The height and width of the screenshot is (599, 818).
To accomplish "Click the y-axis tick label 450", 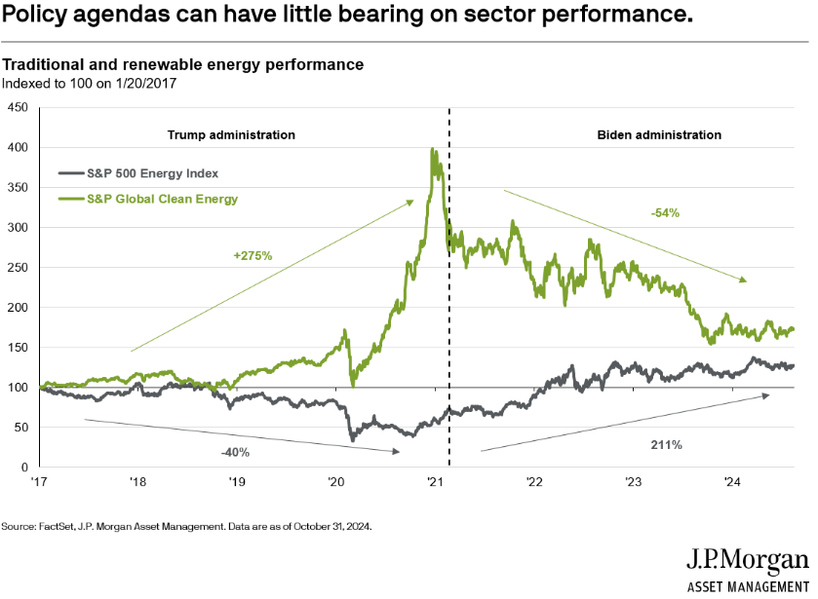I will point(18,107).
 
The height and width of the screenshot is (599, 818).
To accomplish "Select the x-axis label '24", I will point(732,482).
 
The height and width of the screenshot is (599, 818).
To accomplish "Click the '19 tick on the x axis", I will point(237,482).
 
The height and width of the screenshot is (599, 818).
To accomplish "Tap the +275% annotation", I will point(253,255).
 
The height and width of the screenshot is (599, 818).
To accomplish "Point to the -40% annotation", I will point(233,452).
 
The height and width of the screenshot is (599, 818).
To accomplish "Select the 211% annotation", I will point(667,445).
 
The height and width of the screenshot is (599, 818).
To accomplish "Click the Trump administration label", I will point(231,134).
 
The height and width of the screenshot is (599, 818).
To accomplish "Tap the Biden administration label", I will point(659,134).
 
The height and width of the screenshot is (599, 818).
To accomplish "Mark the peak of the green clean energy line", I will point(432,149).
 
